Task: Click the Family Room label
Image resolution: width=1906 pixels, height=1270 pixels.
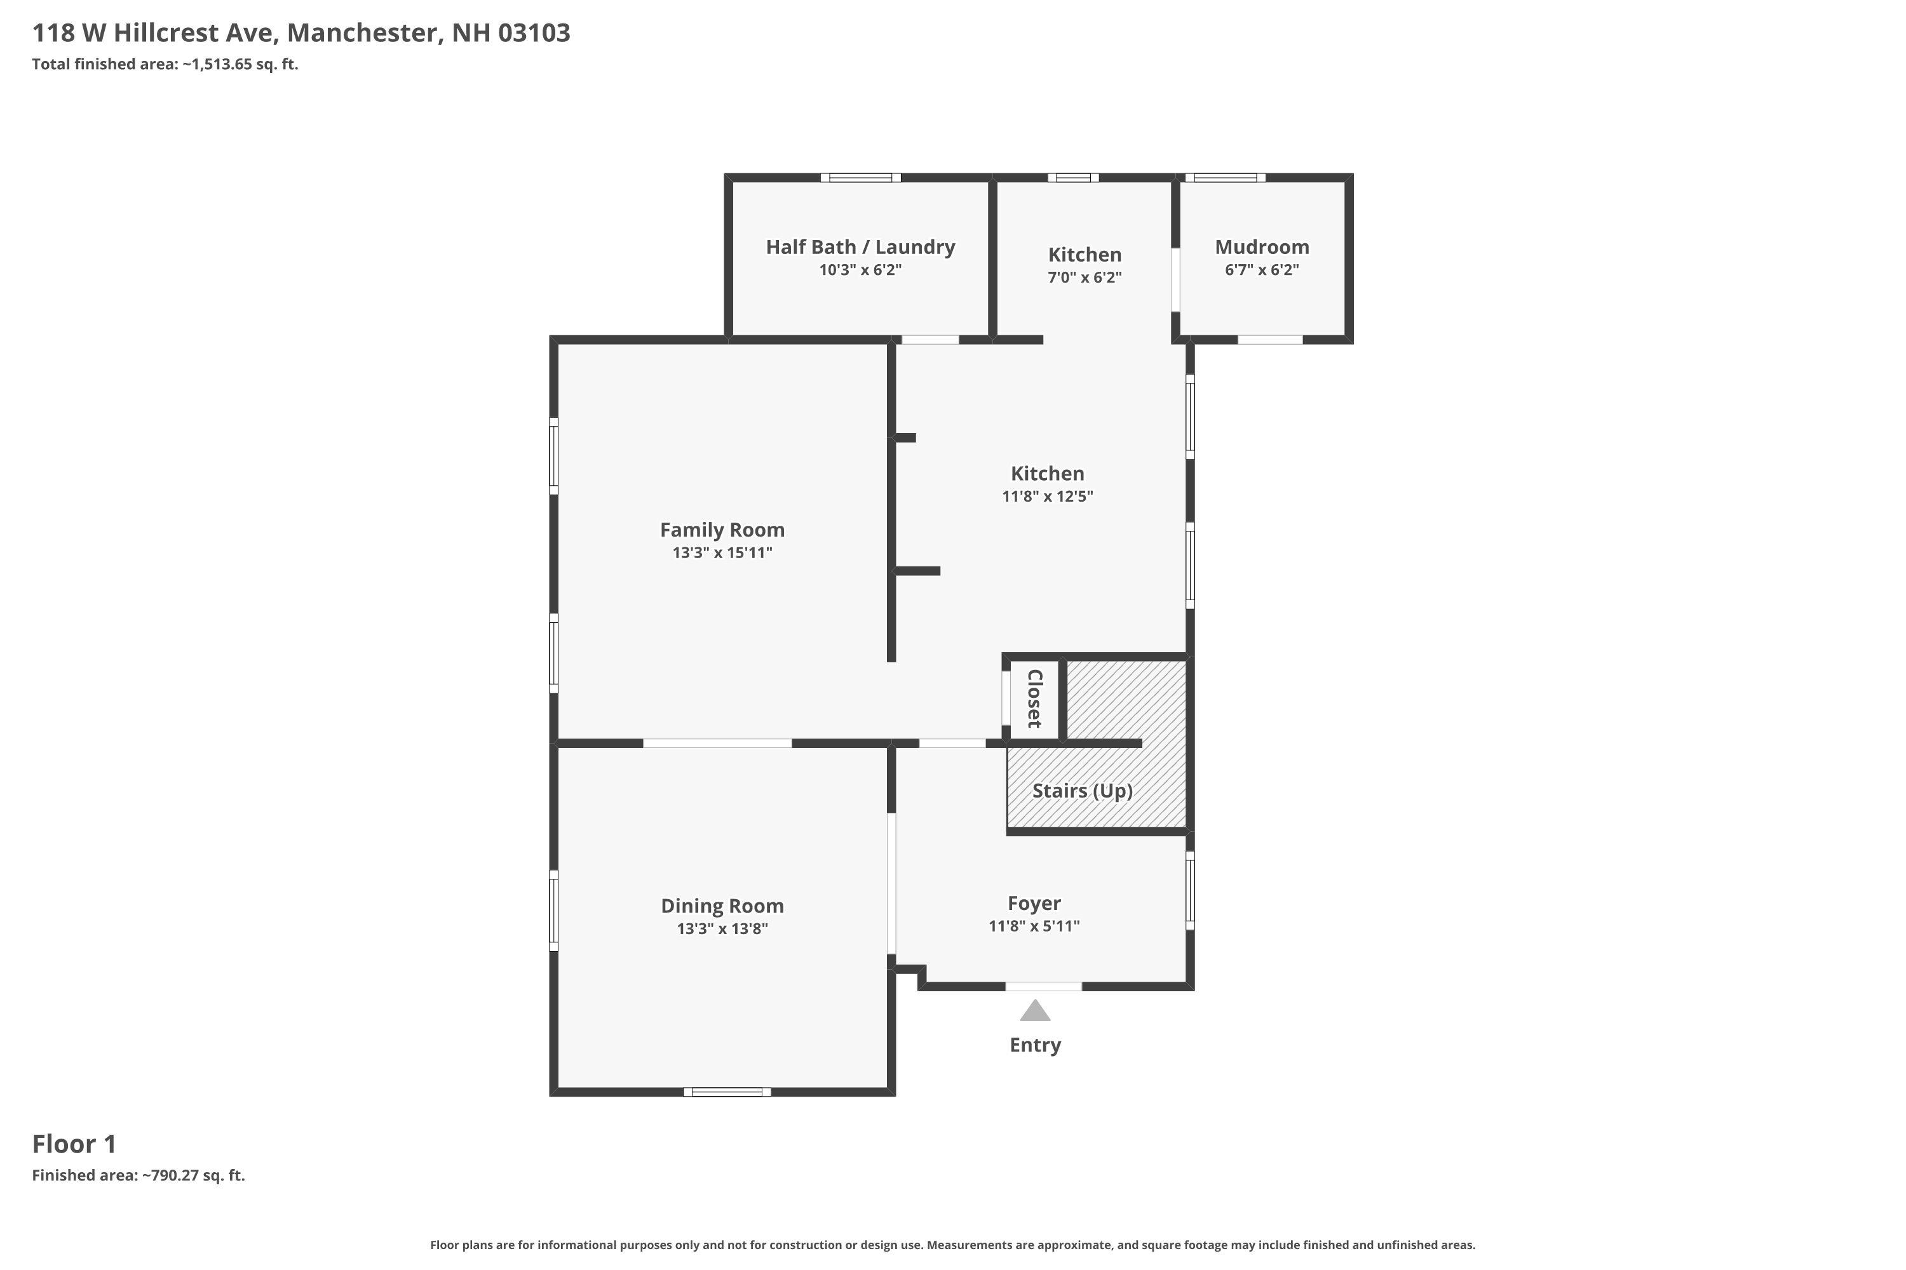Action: pos(722,530)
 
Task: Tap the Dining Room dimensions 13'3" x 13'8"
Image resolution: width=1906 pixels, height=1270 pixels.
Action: pos(722,929)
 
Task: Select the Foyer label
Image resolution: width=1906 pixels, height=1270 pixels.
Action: pos(1034,903)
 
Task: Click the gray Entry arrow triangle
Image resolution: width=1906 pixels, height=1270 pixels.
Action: pos(1035,1012)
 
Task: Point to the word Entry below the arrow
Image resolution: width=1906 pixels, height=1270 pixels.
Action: pos(1035,1045)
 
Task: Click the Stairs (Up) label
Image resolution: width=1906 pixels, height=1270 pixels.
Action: pos(1082,791)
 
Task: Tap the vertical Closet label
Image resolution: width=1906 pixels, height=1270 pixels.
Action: pos(1034,698)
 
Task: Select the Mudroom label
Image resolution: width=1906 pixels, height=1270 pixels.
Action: pos(1262,247)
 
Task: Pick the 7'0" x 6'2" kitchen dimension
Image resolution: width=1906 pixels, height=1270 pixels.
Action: pos(1085,277)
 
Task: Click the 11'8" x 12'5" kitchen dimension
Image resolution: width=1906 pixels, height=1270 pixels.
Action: pos(1047,497)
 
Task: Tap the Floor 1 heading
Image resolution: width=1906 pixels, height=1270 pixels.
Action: pos(74,1144)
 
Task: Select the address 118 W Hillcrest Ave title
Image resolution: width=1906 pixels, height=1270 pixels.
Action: pos(301,33)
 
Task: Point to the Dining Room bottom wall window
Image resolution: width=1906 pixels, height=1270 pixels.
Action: pos(727,1092)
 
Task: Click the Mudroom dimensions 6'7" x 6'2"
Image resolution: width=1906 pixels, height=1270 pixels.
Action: pos(1262,270)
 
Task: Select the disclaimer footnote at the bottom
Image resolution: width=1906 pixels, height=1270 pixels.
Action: pos(952,1245)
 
